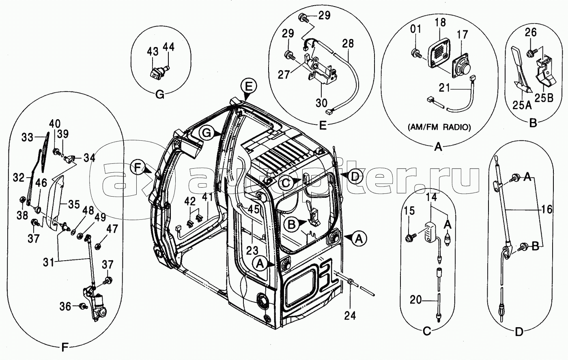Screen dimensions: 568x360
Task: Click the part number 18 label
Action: click(441, 22)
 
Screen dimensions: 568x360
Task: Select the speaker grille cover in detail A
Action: click(439, 53)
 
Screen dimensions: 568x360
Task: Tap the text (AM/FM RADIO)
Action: click(439, 127)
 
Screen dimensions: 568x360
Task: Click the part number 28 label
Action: click(348, 43)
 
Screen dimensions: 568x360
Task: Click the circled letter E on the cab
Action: click(248, 87)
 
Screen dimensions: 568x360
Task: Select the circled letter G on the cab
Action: click(207, 133)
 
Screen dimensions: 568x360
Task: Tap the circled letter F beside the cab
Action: click(138, 167)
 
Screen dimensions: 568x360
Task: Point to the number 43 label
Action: click(153, 51)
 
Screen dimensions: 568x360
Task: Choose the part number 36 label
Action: click(65, 306)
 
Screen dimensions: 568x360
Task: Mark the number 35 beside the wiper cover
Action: click(74, 204)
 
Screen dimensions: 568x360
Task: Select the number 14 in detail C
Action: click(432, 197)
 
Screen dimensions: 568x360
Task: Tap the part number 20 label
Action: click(416, 300)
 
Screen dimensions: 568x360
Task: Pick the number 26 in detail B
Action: click(531, 32)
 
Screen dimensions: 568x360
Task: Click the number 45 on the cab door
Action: click(253, 209)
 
